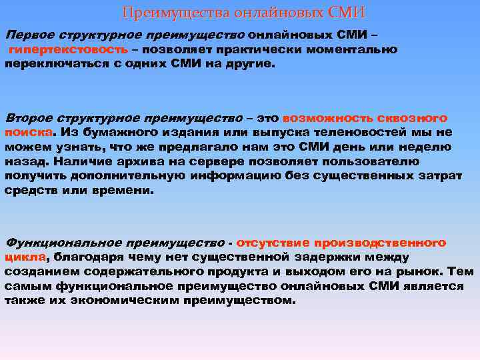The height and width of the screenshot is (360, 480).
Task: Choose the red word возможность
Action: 323,117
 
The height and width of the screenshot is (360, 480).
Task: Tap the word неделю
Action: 427,147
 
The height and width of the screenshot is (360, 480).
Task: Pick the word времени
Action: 127,191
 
